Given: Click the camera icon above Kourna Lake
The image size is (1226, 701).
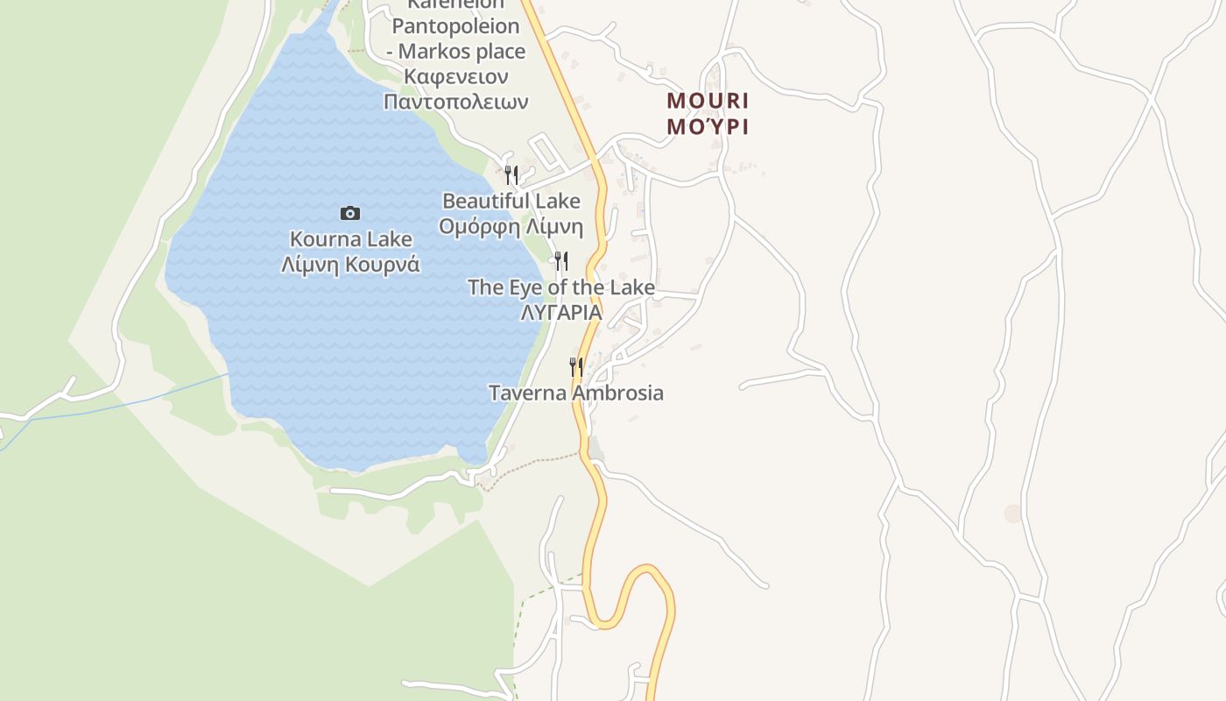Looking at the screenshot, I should [x=350, y=213].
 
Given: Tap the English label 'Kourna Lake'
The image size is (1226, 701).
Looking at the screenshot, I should [x=350, y=238].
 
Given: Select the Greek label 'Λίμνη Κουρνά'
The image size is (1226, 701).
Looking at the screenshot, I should [x=350, y=264].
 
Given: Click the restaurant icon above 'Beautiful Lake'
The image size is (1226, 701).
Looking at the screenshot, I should [x=511, y=174].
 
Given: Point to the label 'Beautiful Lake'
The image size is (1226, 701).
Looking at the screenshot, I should [x=511, y=201].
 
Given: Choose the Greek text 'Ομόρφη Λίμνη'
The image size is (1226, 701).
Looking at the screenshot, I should [x=511, y=227].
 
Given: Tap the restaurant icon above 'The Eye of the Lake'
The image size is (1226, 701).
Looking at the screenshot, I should [x=561, y=260].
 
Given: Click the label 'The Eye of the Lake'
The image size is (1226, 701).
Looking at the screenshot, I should [x=561, y=287].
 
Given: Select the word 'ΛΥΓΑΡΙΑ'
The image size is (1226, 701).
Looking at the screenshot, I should [x=561, y=312].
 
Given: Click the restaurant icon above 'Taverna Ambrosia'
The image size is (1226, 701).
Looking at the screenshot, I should [x=575, y=366].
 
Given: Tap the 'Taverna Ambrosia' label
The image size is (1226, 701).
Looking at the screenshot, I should [x=575, y=393].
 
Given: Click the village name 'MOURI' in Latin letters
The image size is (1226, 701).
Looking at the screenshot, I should [x=708, y=100].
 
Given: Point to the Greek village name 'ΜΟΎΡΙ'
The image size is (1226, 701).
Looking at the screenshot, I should [x=708, y=126].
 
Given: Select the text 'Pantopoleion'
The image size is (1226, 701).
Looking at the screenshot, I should [x=455, y=25].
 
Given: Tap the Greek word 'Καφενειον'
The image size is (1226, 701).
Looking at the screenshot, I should [x=455, y=76].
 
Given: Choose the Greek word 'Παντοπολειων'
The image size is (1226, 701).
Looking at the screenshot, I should [x=455, y=102].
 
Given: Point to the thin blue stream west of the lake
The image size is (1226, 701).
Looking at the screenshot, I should [x=131, y=403].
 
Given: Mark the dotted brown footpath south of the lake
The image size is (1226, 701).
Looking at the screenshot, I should [x=534, y=465].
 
